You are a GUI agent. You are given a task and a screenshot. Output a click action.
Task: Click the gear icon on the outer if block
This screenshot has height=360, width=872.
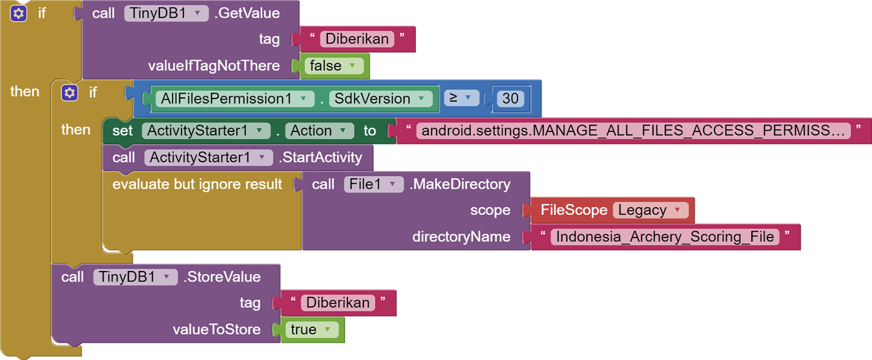coord(19,13)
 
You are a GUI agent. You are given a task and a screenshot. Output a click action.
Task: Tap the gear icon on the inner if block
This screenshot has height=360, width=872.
coord(70,93)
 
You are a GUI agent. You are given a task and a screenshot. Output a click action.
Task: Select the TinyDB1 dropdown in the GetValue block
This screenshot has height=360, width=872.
coord(166,13)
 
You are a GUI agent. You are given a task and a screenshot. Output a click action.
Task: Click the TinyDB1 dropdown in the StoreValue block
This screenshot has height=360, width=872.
coord(135,277)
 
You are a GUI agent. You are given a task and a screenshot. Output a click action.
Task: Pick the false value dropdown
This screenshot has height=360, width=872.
coord(334,66)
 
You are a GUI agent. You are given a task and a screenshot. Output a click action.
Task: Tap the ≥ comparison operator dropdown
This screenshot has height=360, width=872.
coord(461,98)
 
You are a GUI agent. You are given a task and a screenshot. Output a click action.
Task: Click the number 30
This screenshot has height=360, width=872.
coord(510,99)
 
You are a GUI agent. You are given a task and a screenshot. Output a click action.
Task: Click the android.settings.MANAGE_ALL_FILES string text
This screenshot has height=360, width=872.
coord(632,131)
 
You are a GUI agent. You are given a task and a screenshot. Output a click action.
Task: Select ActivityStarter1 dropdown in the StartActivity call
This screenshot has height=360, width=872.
coord(209,157)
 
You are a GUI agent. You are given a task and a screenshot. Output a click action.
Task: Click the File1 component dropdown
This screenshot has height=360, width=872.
coord(373,184)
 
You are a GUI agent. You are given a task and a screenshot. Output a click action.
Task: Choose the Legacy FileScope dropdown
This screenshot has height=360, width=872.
coord(650,210)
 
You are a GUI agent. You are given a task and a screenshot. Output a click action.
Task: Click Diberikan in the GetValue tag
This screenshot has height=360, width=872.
coord(358,39)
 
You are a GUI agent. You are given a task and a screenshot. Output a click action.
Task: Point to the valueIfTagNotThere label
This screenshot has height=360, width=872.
coord(214,66)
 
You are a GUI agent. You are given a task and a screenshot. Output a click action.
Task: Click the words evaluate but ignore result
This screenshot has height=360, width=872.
coord(197,184)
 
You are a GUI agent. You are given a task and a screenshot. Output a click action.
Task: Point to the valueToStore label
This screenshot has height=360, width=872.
coord(217,330)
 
